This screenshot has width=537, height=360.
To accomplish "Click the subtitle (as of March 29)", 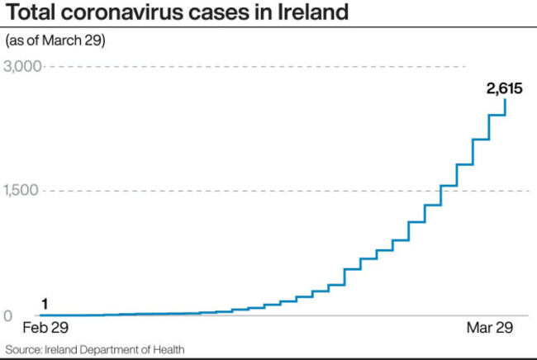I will tap(55, 40).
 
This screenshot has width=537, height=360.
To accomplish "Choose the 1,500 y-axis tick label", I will tap(22, 191).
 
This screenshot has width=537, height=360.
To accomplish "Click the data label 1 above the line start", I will tap(45, 302).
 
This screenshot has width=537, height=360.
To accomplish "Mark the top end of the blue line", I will tap(505, 99).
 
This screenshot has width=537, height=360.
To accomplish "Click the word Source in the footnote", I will tap(24, 350).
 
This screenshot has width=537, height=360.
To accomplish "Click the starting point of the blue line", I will tap(41, 315).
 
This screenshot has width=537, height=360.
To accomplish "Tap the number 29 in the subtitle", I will tap(94, 40).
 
